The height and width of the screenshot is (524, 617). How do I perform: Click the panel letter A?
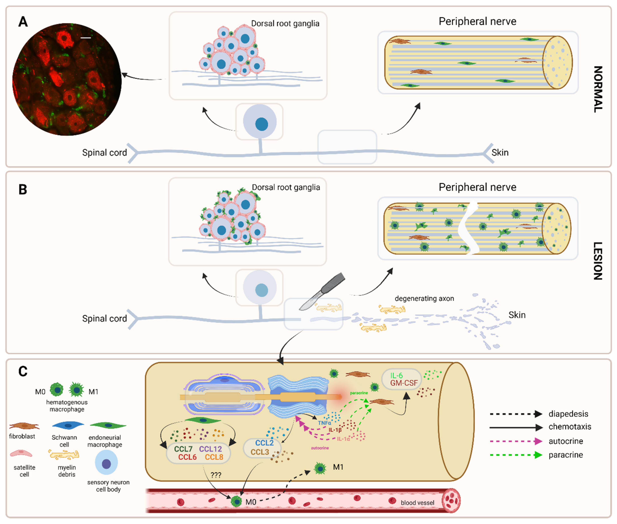[x=23, y=22]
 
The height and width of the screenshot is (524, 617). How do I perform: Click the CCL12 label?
[x=210, y=449]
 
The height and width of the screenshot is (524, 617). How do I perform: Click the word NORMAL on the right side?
[x=598, y=89]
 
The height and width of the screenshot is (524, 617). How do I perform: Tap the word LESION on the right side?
[x=598, y=261]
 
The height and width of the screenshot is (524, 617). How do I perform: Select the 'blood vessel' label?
[x=417, y=503]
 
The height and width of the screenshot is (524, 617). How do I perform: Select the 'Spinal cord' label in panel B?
[x=104, y=318]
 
